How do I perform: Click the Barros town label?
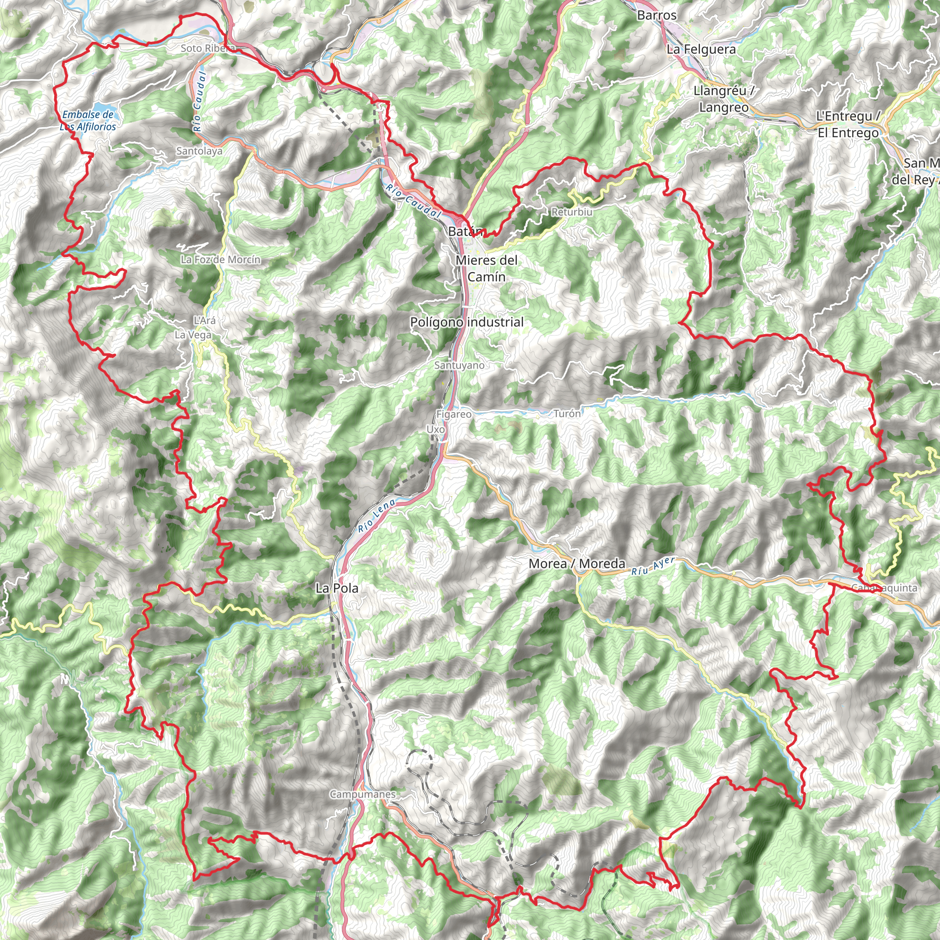click(x=656, y=15)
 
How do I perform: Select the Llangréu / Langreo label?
click(x=723, y=99)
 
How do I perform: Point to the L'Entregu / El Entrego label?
click(x=849, y=124)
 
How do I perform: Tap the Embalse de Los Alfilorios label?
click(x=88, y=121)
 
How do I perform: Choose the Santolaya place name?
click(x=199, y=151)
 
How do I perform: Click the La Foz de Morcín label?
click(x=220, y=259)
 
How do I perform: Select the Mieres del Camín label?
click(x=487, y=268)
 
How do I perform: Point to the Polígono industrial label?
click(x=467, y=322)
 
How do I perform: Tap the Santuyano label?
click(x=459, y=365)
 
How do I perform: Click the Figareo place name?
click(x=454, y=414)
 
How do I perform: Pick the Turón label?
click(x=567, y=414)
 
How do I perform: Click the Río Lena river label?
click(x=376, y=515)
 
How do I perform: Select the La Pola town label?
click(x=337, y=588)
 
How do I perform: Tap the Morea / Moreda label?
click(x=576, y=564)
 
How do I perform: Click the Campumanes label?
click(x=363, y=794)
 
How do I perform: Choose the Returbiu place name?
click(x=572, y=212)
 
